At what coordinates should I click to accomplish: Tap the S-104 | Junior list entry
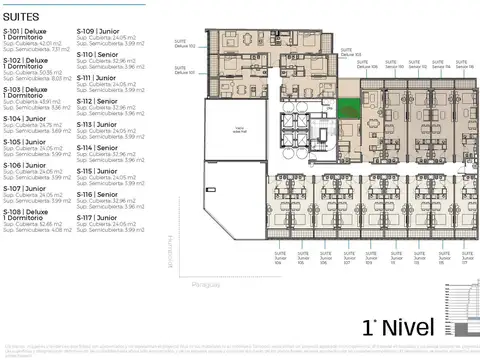click(x=24, y=119)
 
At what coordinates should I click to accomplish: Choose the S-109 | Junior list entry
click(x=97, y=31)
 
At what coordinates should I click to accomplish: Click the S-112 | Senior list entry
click(x=97, y=101)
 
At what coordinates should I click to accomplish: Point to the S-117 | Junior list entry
click(x=97, y=217)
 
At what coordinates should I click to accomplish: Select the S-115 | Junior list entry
click(x=97, y=171)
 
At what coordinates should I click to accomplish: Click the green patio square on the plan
click(x=349, y=110)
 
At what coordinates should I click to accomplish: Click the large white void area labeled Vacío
click(x=240, y=130)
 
